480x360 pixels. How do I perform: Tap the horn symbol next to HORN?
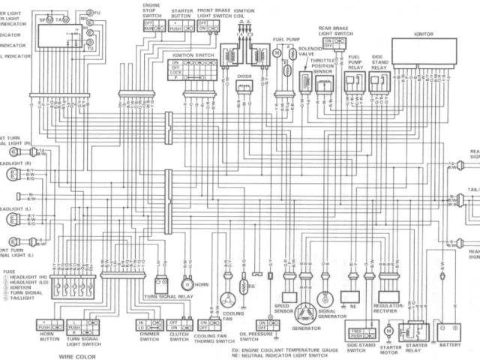click(x=187, y=285)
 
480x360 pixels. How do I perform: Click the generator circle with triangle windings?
click(x=305, y=313)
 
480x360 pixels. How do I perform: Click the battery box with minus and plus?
click(x=450, y=329)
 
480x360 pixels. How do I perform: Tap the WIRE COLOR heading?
click(x=77, y=356)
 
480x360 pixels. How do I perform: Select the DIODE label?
click(x=244, y=76)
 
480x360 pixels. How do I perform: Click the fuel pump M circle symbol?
click(x=276, y=54)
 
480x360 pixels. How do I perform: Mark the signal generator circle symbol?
click(x=324, y=298)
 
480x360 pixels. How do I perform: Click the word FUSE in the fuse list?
click(x=9, y=271)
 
